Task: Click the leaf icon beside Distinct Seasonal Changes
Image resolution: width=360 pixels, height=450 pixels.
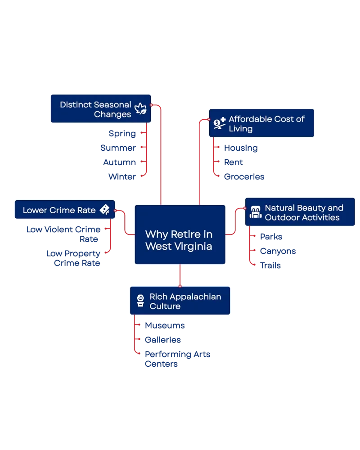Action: pos(140,109)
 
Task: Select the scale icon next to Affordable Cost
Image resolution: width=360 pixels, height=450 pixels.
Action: pos(220,123)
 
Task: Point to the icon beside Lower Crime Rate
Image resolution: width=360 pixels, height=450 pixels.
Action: pos(105,210)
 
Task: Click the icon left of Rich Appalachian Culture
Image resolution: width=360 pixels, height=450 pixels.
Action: pos(140,301)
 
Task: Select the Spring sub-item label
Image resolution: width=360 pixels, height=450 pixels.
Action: pos(122,134)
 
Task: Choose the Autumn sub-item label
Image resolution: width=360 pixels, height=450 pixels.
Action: pos(119,162)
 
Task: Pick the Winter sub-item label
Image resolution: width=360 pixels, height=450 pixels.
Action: pos(122,176)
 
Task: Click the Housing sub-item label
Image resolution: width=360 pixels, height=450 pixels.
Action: pos(241,148)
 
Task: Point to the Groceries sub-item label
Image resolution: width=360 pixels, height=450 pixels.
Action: pos(244,176)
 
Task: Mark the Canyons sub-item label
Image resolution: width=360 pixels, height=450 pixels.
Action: pos(278,251)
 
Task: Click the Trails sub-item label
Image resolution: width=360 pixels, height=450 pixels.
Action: pos(270,265)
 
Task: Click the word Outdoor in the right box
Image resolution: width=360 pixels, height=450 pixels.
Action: pos(280,217)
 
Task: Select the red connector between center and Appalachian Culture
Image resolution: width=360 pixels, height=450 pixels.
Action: pos(180,275)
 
